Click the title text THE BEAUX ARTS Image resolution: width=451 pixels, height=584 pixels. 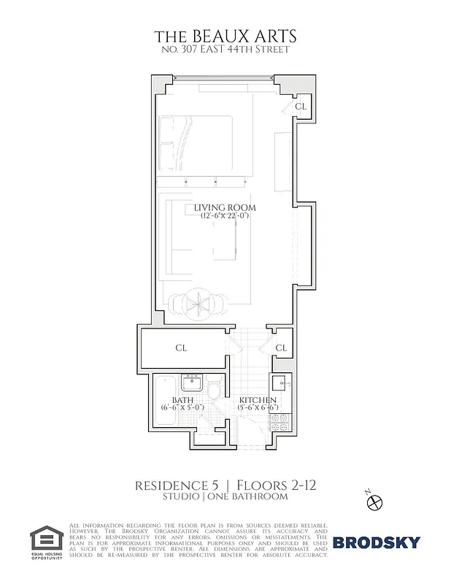tap(226, 36)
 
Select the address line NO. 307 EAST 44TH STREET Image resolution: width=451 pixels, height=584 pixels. tap(226, 50)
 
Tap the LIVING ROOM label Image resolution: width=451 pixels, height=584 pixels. tap(225, 208)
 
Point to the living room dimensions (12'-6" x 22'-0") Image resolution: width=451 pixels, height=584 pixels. tap(225, 217)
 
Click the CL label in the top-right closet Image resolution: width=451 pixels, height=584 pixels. tap(300, 107)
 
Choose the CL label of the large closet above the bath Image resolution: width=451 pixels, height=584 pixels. tap(181, 348)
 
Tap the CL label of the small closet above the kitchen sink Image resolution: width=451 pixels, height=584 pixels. tap(281, 348)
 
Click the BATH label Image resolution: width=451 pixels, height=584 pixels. tap(182, 400)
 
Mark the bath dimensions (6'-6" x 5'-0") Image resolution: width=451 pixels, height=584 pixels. tap(182, 409)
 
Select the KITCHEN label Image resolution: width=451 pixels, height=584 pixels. tap(258, 401)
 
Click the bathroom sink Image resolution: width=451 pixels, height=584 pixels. tap(195, 383)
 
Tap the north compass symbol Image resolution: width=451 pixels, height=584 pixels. tap(375, 501)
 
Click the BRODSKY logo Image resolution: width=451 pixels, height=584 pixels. tap(377, 542)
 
